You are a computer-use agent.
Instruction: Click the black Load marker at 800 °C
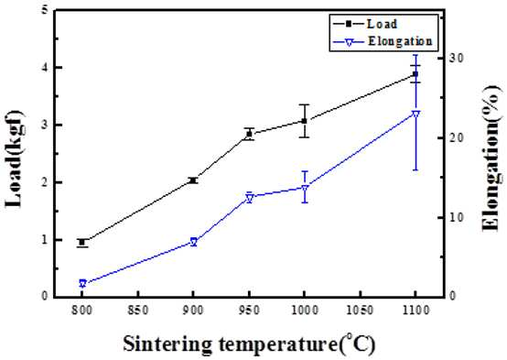[x=82, y=242]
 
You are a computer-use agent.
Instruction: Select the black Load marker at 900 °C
[x=193, y=180]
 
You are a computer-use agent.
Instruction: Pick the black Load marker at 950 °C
[x=249, y=134]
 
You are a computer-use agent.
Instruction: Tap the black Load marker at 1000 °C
[x=304, y=121]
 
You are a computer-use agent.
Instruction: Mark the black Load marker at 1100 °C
[x=415, y=74]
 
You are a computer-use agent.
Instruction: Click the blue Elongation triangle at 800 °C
[x=82, y=284]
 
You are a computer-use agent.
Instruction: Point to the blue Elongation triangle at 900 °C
[x=193, y=242]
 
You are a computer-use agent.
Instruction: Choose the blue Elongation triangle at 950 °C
[x=249, y=198]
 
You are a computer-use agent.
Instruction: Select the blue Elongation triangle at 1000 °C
[x=304, y=189]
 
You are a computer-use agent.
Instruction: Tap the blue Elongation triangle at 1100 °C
[x=415, y=115]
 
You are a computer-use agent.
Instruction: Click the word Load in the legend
[x=382, y=24]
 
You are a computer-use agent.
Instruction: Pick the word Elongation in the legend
[x=400, y=41]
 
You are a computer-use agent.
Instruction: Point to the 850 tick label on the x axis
[x=138, y=311]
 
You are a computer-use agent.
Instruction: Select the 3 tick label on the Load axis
[x=45, y=125]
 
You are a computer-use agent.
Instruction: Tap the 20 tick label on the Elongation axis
[x=457, y=138]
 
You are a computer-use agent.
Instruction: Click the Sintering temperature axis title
[x=249, y=344]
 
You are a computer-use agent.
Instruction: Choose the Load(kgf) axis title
[x=14, y=158]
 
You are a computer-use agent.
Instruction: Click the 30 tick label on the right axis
[x=457, y=59]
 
